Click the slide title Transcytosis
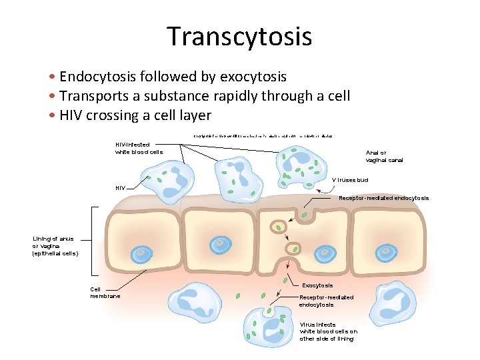click(239, 36)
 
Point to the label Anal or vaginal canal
click(385, 156)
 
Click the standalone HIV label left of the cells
click(120, 187)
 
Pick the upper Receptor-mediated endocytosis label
click(383, 198)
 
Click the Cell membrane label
click(105, 292)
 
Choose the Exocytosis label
click(317, 285)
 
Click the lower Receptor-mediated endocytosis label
click(327, 301)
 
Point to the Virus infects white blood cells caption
click(328, 331)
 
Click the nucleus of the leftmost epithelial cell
click(141, 254)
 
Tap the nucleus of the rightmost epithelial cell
click(386, 253)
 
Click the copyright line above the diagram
click(263, 135)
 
